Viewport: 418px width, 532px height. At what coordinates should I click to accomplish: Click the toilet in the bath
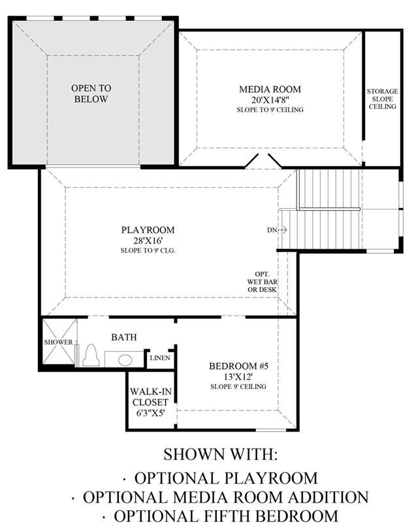91,356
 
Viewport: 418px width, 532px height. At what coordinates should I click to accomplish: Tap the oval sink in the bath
125,360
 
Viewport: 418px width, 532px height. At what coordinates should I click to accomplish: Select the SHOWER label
58,342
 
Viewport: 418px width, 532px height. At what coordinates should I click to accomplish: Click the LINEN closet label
160,358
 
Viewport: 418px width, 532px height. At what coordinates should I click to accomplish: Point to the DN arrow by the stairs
283,230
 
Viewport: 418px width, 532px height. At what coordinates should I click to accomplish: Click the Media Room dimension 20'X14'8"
270,100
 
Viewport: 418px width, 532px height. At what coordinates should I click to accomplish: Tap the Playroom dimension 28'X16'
148,241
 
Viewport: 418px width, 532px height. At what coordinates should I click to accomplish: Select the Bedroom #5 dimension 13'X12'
238,377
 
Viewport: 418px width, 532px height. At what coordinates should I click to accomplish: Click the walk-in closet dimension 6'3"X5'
150,413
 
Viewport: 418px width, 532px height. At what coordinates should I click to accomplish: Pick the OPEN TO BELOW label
91,93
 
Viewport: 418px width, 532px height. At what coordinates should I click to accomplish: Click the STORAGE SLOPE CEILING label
382,99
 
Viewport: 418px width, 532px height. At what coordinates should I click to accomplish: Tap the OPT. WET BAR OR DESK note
262,282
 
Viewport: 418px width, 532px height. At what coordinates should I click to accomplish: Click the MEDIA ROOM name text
270,89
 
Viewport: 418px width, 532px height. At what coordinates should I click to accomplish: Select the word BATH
124,337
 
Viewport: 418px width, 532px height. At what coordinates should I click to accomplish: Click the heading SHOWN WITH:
221,454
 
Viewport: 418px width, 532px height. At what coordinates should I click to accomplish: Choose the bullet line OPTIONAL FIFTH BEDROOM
220,516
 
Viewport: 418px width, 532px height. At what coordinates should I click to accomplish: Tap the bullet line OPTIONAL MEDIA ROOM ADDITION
220,497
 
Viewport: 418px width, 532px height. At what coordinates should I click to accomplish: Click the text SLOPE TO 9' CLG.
148,251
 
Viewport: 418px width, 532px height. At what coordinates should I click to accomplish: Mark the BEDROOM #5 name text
238,366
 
